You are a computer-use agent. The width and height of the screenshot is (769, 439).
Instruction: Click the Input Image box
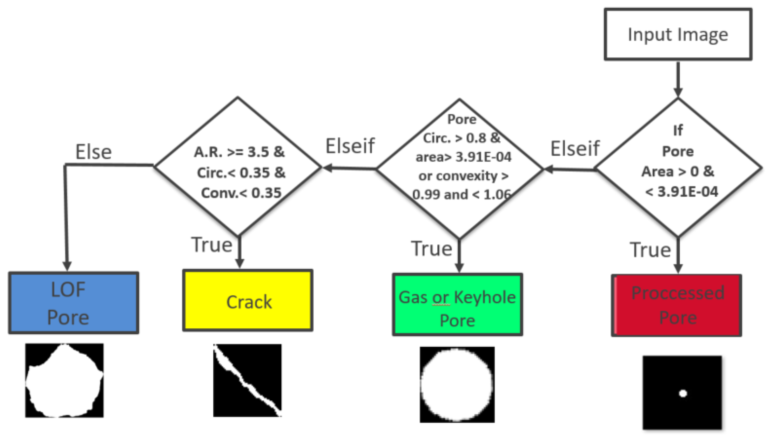click(x=678, y=34)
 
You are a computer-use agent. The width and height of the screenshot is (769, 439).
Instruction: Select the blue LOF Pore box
click(x=73, y=303)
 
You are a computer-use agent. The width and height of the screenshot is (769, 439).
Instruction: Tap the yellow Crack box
click(x=248, y=300)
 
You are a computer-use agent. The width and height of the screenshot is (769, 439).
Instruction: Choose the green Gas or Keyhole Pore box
click(x=457, y=305)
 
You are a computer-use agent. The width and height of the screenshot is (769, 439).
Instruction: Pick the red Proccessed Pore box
click(x=676, y=306)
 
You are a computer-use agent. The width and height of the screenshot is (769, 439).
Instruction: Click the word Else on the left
click(x=93, y=152)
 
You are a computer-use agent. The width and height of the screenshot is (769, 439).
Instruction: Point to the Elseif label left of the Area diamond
click(x=575, y=148)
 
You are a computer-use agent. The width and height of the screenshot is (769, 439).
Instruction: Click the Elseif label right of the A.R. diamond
click(x=350, y=146)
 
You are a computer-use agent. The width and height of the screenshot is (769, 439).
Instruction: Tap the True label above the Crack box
click(x=212, y=245)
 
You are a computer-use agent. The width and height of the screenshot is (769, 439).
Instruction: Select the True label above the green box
click(x=431, y=248)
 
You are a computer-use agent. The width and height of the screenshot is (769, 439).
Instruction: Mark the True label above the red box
click(x=650, y=250)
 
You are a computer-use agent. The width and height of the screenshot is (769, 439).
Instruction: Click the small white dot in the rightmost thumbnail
click(x=683, y=394)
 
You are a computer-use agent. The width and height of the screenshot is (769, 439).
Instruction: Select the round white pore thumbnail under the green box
click(x=457, y=384)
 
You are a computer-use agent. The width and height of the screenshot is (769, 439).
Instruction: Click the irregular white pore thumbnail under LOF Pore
click(x=64, y=380)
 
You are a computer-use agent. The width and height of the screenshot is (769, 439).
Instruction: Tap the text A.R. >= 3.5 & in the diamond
click(x=239, y=152)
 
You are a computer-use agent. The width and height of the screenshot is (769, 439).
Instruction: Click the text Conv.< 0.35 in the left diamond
click(x=241, y=193)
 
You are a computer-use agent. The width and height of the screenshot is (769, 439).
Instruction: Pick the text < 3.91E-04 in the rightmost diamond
click(x=681, y=192)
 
